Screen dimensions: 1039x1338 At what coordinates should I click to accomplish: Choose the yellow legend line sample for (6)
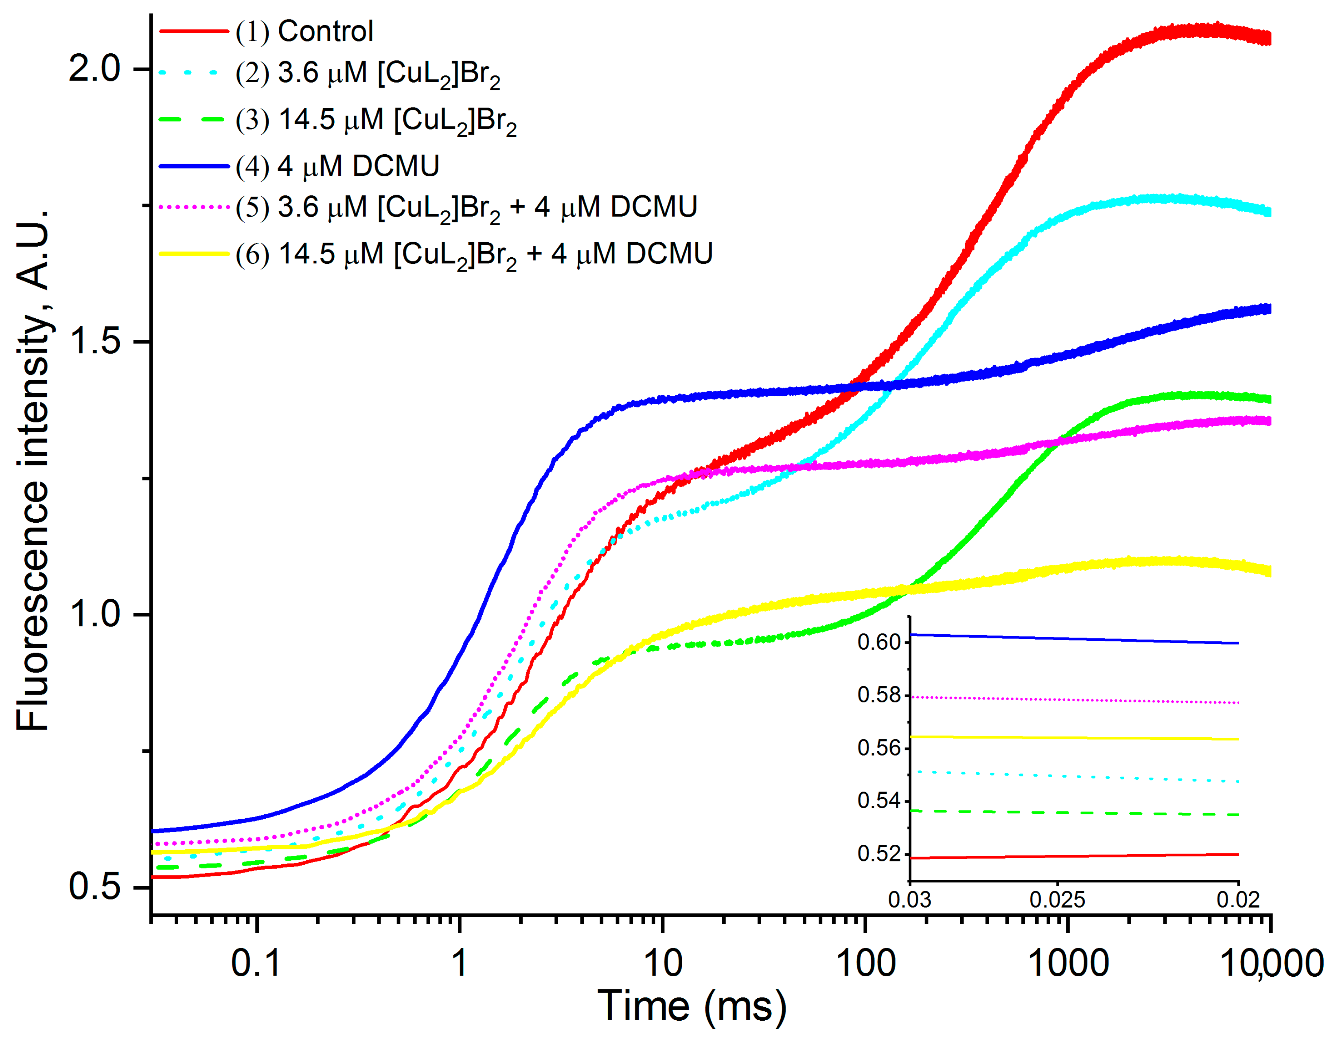[194, 253]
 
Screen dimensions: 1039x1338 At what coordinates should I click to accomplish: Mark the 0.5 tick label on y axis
[94, 886]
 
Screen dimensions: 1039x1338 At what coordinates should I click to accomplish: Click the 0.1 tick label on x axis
[256, 962]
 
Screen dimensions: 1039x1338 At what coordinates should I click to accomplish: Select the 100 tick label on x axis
[865, 962]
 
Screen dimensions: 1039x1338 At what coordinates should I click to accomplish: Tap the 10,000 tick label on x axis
[1272, 962]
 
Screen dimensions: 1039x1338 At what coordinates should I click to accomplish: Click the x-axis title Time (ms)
[692, 1006]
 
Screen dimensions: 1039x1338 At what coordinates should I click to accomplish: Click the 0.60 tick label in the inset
[879, 642]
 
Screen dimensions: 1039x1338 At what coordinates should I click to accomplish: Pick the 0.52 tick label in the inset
[879, 853]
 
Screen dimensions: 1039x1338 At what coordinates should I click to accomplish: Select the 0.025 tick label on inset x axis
[1058, 899]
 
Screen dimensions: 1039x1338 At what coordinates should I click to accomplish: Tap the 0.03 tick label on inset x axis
[910, 899]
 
